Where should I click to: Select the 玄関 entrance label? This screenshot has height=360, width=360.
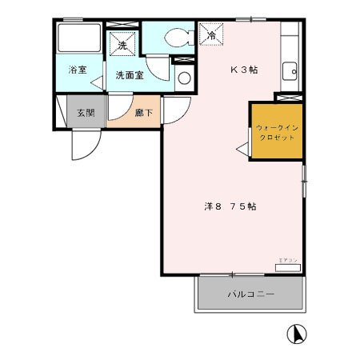[x=85, y=113]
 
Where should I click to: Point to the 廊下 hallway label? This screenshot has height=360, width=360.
[x=144, y=113]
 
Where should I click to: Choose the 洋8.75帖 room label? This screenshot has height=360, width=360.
[x=229, y=206]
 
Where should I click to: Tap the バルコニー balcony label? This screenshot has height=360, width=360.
[x=250, y=295]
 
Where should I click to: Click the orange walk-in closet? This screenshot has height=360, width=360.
[x=276, y=132]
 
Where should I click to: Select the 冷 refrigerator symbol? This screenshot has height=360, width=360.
[x=211, y=36]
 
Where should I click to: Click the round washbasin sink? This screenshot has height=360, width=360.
[x=183, y=78]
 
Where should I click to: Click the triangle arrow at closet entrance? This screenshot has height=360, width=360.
[x=242, y=146]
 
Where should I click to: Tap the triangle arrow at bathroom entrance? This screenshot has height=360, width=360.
[x=96, y=81]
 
